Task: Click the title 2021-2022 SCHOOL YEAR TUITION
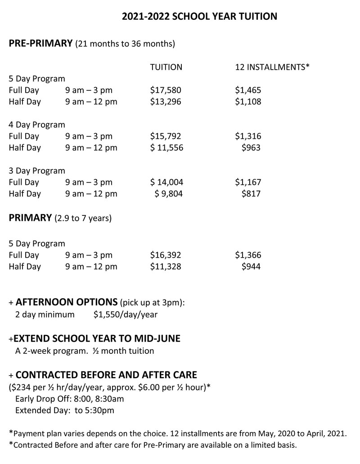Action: pyautogui.click(x=199, y=17)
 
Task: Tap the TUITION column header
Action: pyautogui.click(x=166, y=67)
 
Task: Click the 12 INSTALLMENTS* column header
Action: pyautogui.click(x=272, y=67)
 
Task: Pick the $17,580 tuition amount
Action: pyautogui.click(x=166, y=90)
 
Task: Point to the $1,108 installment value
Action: pyautogui.click(x=248, y=102)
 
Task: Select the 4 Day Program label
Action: pyautogui.click(x=37, y=125)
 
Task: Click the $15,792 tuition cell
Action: pyautogui.click(x=166, y=136)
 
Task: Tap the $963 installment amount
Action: pyautogui.click(x=251, y=147)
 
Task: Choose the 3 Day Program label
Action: pyautogui.click(x=37, y=171)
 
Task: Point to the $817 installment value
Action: pyautogui.click(x=251, y=194)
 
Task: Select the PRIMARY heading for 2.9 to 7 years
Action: pyautogui.click(x=31, y=219)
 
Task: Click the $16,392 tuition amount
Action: pyautogui.click(x=166, y=255)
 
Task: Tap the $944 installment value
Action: pyautogui.click(x=251, y=267)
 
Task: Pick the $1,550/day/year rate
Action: pyautogui.click(x=126, y=315)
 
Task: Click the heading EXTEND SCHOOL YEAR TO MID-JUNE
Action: pyautogui.click(x=97, y=339)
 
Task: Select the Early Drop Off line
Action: pyautogui.click(x=69, y=399)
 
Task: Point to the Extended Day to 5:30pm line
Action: pyautogui.click(x=64, y=410)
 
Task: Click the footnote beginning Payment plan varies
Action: pyautogui.click(x=178, y=434)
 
